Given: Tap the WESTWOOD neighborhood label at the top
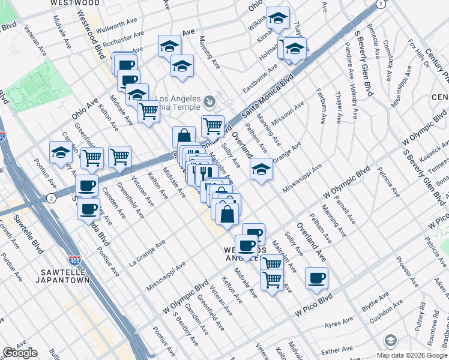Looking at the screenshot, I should (x=75, y=2).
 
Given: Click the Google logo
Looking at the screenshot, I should (x=20, y=353).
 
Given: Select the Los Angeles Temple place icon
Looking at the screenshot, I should (x=209, y=100).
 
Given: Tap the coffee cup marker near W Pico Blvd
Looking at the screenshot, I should (x=316, y=278).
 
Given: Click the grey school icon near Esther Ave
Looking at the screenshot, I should (x=390, y=341).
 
